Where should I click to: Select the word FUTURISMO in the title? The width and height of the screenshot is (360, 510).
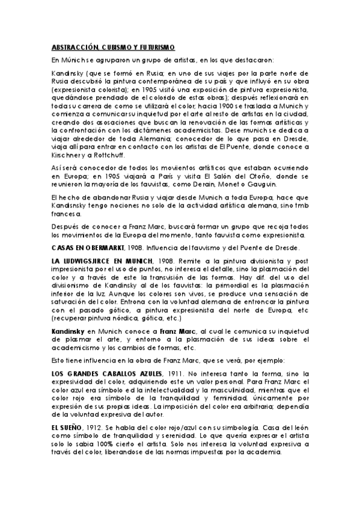click(x=153, y=46)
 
